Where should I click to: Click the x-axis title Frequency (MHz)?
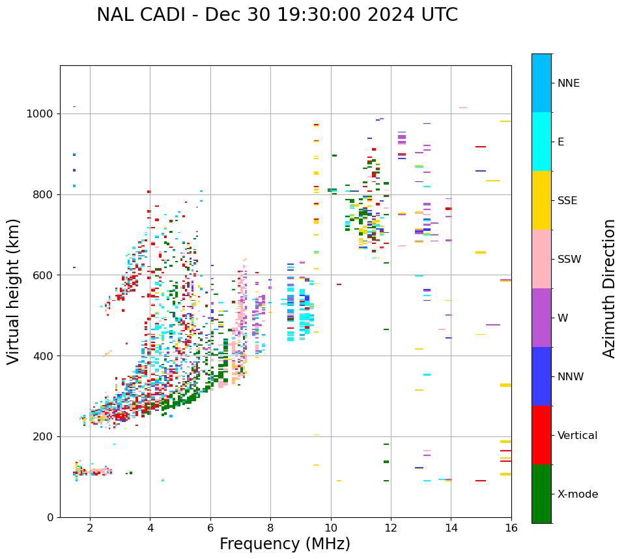pos(285,544)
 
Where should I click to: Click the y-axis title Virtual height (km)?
pos(14,291)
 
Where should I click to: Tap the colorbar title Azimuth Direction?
pos(609,288)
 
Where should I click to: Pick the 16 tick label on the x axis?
pos(511,528)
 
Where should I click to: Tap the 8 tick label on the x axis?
pos(270,528)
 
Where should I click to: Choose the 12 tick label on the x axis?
pos(391,528)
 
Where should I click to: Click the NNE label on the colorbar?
pos(569,83)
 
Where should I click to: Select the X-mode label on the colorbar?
pos(578,494)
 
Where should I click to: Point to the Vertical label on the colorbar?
pos(578,436)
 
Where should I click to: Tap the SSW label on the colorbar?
pos(569,260)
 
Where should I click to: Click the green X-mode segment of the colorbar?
pos(541,494)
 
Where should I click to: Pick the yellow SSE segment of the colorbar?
pos(541,200)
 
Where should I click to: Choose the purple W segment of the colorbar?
pos(541,318)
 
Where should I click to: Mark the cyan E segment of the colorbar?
pos(541,142)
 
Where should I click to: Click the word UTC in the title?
pos(439,15)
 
